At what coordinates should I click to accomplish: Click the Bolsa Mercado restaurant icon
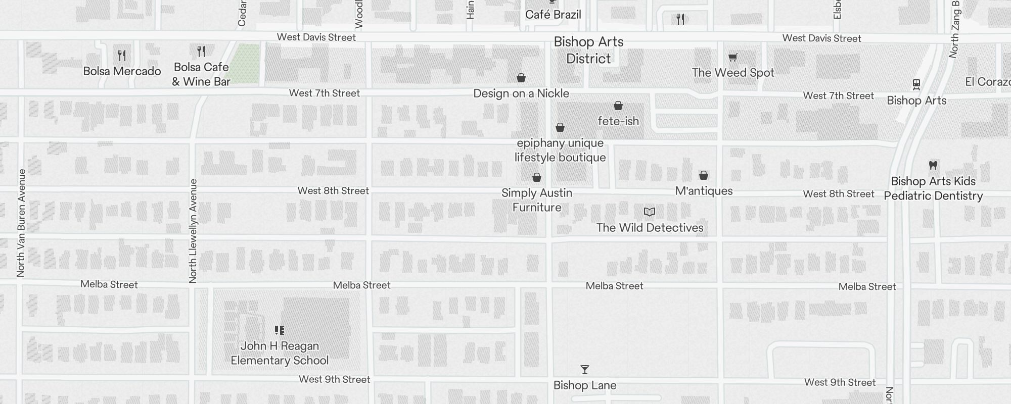(x=121, y=55)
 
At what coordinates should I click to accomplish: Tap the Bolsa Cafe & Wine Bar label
(x=201, y=74)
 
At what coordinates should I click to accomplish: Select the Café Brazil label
(x=553, y=15)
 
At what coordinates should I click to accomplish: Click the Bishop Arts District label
(x=588, y=50)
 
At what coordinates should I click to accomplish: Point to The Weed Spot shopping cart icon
(x=733, y=58)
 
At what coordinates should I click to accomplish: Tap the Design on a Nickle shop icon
(x=521, y=78)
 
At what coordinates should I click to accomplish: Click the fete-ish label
(x=618, y=121)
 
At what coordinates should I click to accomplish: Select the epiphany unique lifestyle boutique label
(x=560, y=150)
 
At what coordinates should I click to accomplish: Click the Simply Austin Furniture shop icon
(x=537, y=177)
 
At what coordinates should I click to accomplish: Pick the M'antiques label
(x=704, y=191)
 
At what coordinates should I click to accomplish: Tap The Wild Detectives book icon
(x=650, y=212)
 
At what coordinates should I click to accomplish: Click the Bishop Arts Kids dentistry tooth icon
(x=933, y=165)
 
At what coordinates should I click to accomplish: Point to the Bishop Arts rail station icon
(x=916, y=84)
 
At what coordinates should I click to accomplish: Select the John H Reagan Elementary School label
(x=280, y=353)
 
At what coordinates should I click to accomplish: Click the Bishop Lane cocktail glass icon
(x=585, y=370)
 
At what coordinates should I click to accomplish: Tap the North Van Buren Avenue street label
(x=21, y=223)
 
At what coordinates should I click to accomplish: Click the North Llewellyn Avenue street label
(x=193, y=231)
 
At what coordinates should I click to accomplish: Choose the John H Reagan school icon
(x=280, y=330)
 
